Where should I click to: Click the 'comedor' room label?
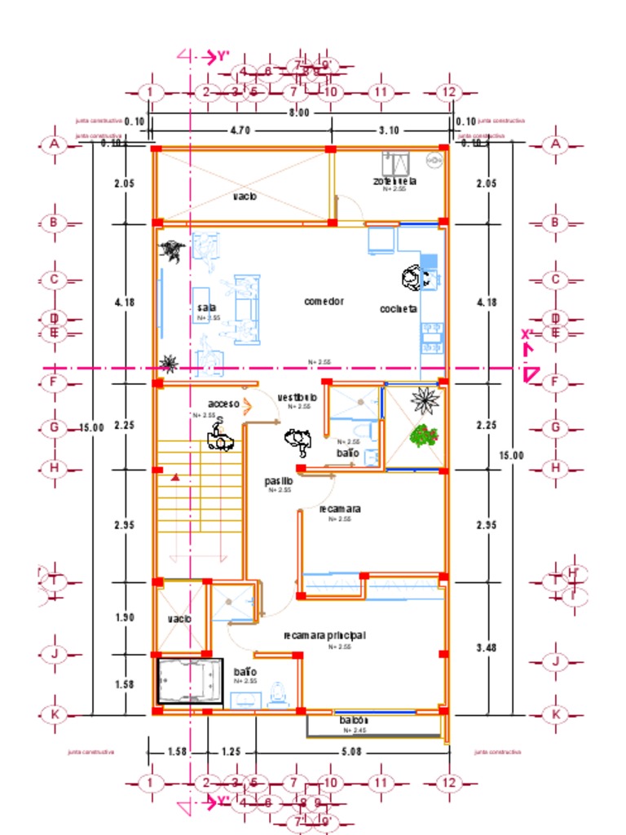point(324,301)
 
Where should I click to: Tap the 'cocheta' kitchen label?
point(399,309)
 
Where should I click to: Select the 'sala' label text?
point(207,307)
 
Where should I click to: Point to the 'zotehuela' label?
point(395,181)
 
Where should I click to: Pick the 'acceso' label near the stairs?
point(223,404)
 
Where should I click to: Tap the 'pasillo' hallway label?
point(279,481)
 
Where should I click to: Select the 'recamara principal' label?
point(324,635)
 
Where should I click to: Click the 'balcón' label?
point(355,721)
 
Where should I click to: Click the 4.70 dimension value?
point(240,130)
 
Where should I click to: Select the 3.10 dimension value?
point(390,130)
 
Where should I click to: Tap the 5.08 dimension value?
point(352,751)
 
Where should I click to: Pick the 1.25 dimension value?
point(231,751)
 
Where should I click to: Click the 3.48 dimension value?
point(487,647)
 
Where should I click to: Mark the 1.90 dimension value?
point(125,617)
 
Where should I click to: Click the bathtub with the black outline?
point(189,681)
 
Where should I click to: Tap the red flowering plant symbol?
point(422,435)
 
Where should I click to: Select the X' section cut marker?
point(528,334)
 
